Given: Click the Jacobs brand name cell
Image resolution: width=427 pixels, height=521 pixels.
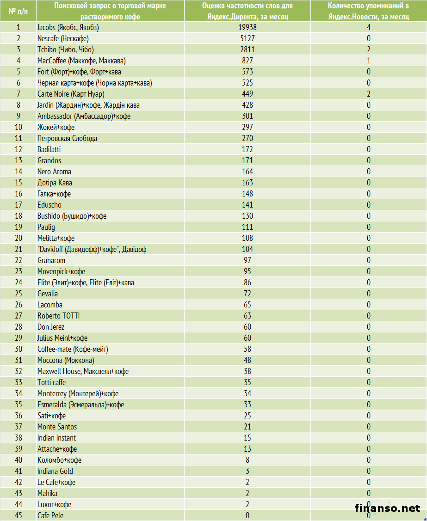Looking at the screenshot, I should (68, 27).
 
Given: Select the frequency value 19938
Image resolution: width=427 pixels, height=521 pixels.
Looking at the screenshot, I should (248, 27).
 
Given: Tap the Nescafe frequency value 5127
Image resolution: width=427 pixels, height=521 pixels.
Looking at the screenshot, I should (248, 38).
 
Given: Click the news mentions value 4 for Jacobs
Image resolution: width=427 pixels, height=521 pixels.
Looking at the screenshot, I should (369, 27).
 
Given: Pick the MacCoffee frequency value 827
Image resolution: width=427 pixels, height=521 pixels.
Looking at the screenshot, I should (248, 61).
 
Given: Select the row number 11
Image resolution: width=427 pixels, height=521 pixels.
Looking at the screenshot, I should (19, 138).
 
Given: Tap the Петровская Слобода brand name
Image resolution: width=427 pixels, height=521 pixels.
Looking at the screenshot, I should (67, 138).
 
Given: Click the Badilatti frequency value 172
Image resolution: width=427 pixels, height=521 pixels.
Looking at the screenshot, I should (248, 149).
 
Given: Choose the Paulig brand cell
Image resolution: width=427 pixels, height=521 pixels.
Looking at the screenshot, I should (46, 227).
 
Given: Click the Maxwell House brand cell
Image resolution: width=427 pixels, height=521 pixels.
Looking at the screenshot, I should (83, 371).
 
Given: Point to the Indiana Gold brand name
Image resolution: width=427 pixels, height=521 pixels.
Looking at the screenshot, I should (55, 471).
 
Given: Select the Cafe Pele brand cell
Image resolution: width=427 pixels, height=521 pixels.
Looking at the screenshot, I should (50, 515).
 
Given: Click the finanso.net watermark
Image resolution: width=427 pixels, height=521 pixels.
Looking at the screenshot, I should (387, 508).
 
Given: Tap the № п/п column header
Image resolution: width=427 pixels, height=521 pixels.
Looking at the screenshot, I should (18, 10).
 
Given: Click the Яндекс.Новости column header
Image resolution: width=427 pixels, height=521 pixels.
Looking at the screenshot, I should (369, 11).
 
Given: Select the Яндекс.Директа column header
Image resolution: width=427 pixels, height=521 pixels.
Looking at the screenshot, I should (248, 11).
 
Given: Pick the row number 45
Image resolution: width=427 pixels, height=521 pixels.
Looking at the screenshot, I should (19, 515).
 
